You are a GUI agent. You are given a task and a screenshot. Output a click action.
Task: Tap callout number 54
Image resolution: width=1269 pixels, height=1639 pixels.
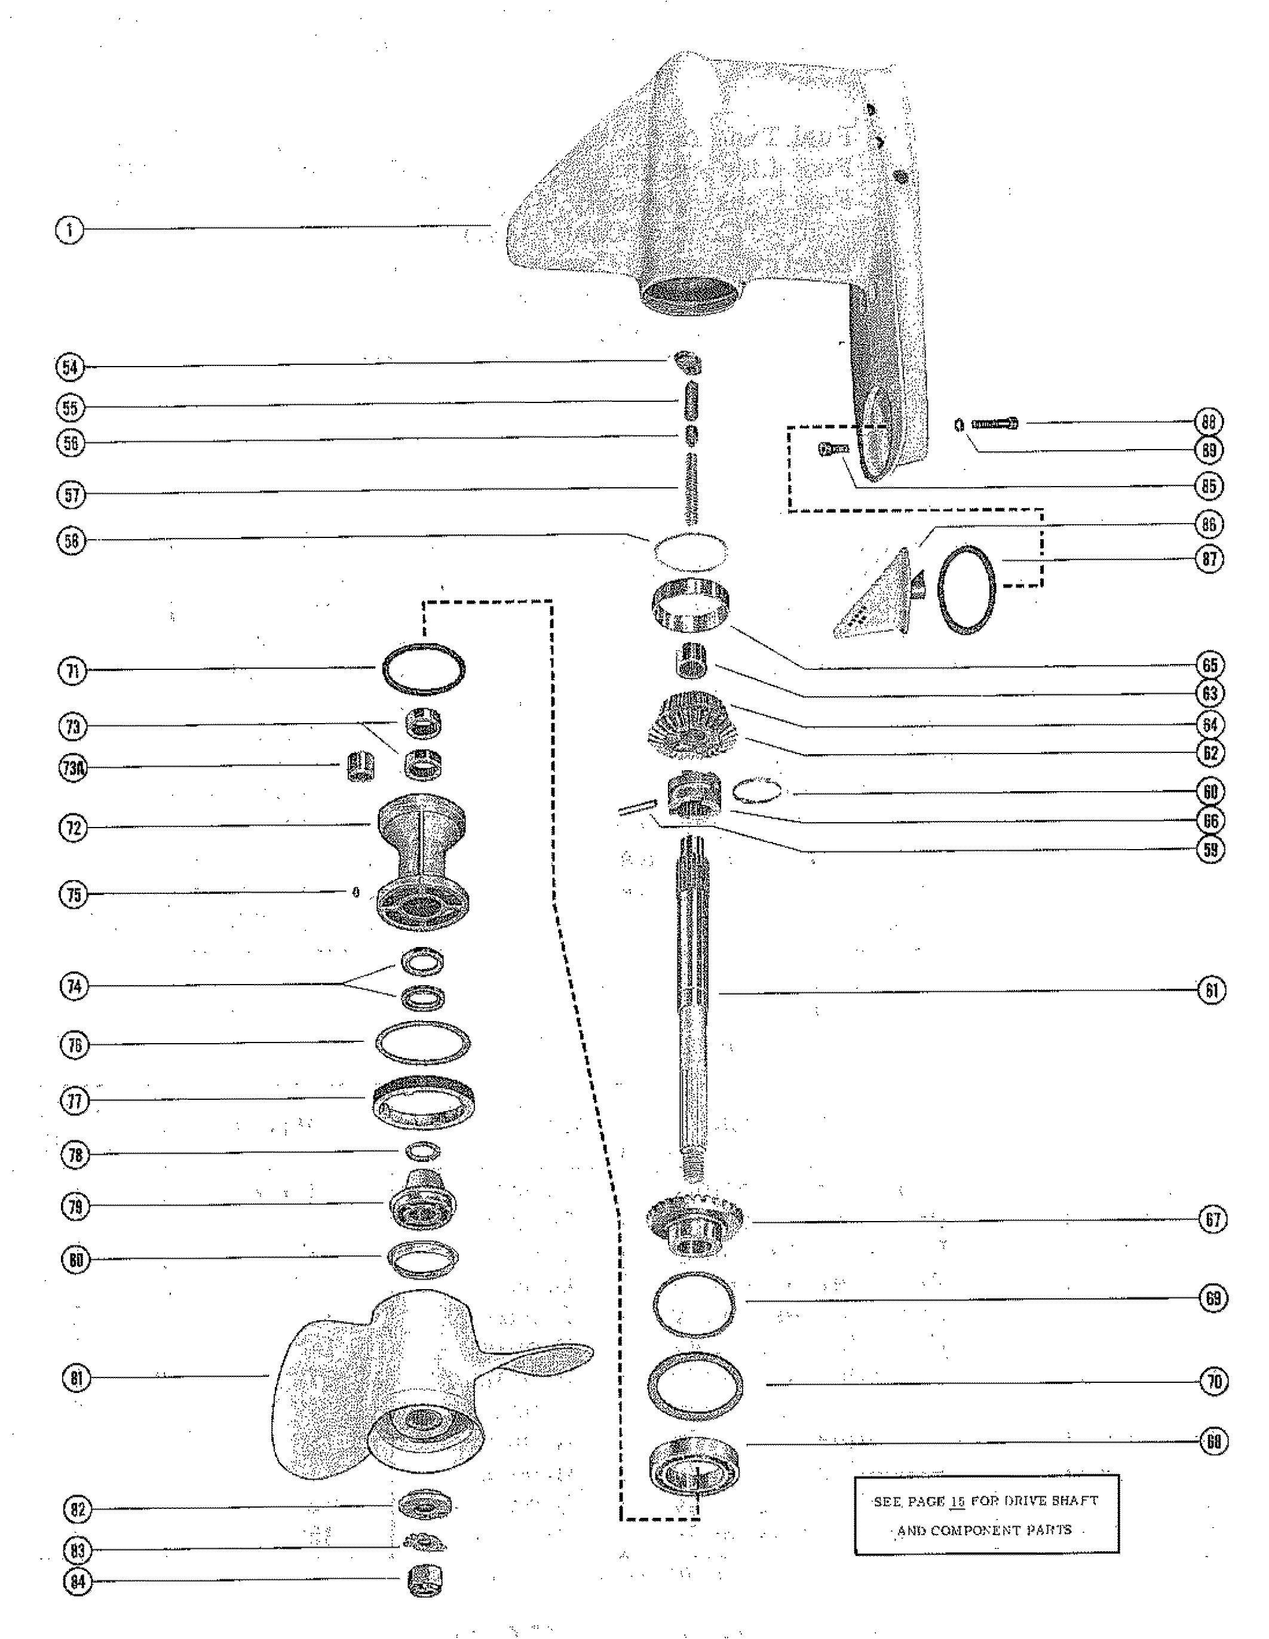tap(70, 367)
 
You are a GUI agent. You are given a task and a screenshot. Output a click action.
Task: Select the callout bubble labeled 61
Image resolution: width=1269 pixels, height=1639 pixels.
tap(1211, 991)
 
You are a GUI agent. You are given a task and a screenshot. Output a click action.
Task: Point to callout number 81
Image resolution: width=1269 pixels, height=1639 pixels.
tap(76, 1378)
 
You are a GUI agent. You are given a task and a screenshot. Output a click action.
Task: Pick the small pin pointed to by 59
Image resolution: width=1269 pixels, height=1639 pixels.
tap(637, 807)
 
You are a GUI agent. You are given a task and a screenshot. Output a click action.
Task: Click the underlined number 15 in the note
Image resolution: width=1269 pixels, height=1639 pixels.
tap(957, 1502)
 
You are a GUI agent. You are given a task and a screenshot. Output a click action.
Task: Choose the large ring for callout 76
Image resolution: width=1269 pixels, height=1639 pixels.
tap(423, 1043)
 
